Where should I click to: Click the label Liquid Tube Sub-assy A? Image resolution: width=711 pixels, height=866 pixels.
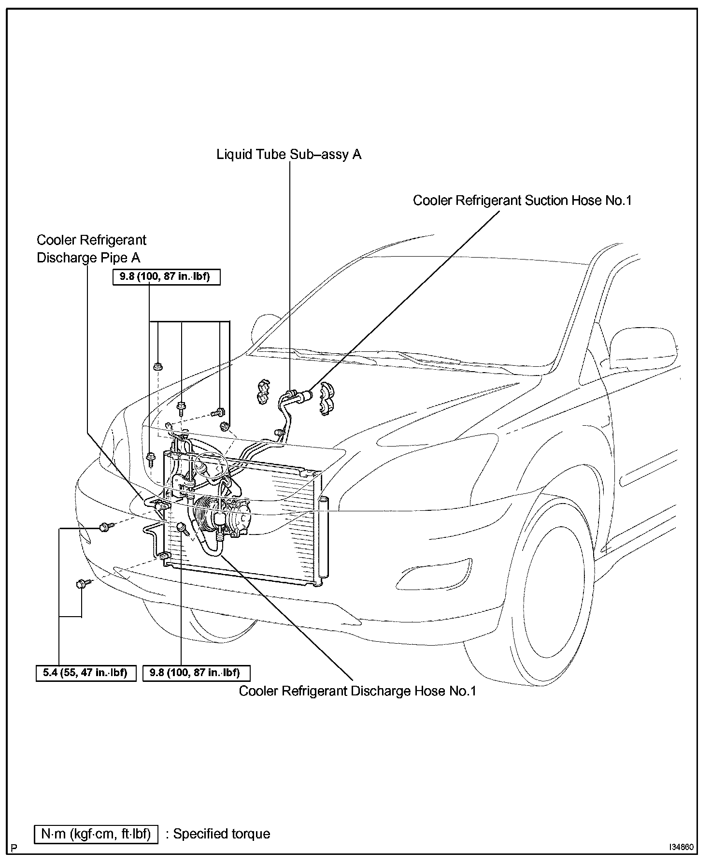point(289,155)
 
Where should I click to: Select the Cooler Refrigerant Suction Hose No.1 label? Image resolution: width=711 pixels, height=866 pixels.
point(522,201)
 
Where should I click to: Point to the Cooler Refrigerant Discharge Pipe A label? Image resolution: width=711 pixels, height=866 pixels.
point(91,249)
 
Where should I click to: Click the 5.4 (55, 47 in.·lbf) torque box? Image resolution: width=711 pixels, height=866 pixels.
point(85,673)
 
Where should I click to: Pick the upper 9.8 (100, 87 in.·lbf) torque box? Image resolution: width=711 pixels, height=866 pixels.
point(166,278)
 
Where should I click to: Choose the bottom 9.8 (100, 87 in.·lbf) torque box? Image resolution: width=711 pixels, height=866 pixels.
point(197,673)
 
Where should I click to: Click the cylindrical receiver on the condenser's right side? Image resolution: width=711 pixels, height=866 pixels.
point(323,536)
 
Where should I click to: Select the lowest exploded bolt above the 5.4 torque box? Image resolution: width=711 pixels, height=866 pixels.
point(81,584)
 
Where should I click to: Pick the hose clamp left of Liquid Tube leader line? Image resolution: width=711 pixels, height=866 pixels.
point(264,391)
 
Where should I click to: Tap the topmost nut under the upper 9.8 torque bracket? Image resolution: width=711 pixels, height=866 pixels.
point(157,366)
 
